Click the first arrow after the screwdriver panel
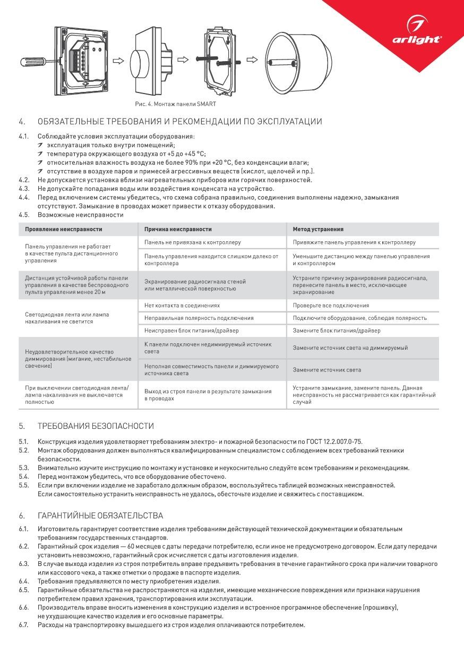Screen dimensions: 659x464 120,61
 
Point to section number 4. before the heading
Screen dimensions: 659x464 22,122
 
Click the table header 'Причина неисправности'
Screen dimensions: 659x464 178,229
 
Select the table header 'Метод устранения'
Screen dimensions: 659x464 318,229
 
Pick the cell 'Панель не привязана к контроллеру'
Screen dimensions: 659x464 192,242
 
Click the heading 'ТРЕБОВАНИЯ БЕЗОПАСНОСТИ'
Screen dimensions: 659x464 96,426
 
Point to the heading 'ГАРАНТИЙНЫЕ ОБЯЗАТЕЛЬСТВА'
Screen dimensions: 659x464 100,516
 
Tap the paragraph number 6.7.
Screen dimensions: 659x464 23,625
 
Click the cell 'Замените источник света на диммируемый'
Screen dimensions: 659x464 350,348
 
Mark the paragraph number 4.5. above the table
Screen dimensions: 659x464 23,215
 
